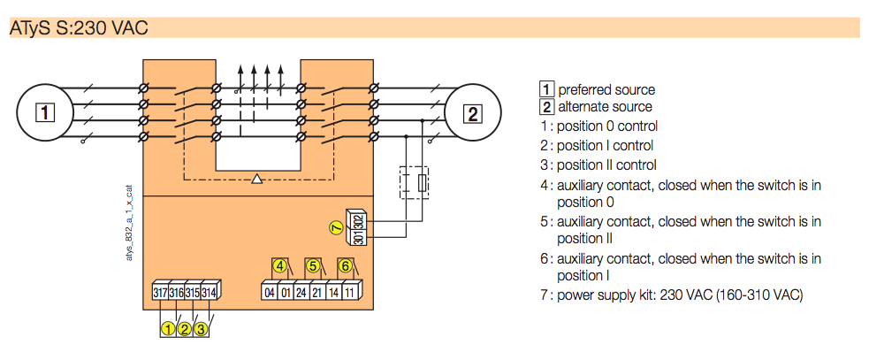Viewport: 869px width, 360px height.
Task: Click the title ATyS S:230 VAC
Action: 79,27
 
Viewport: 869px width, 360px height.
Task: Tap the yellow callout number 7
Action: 335,228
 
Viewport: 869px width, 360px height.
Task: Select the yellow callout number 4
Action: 280,265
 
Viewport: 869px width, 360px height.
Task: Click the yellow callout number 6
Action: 346,265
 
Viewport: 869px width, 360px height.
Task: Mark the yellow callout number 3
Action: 202,329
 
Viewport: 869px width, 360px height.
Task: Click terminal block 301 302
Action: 359,228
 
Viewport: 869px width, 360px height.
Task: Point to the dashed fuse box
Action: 415,183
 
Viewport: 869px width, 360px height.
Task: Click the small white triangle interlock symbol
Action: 256,180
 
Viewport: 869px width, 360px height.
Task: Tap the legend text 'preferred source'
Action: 606,89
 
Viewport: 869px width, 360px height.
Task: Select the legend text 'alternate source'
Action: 605,107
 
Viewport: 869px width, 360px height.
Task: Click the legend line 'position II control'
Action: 606,165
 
